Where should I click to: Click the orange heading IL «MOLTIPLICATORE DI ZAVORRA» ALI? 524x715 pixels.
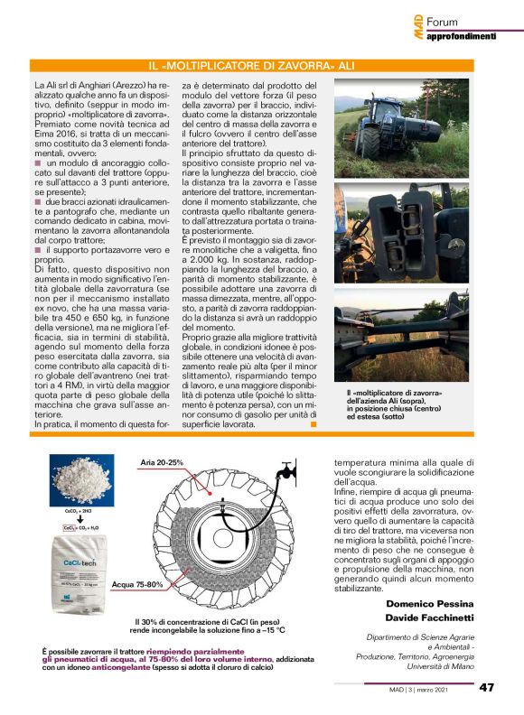(x=262, y=68)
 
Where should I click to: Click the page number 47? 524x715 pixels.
(x=486, y=688)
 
